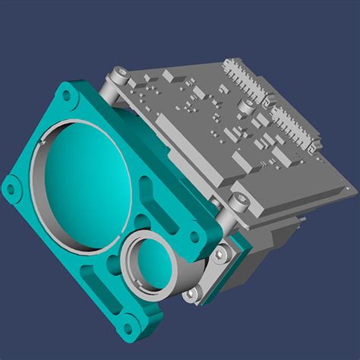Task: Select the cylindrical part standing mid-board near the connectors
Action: (248, 105)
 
